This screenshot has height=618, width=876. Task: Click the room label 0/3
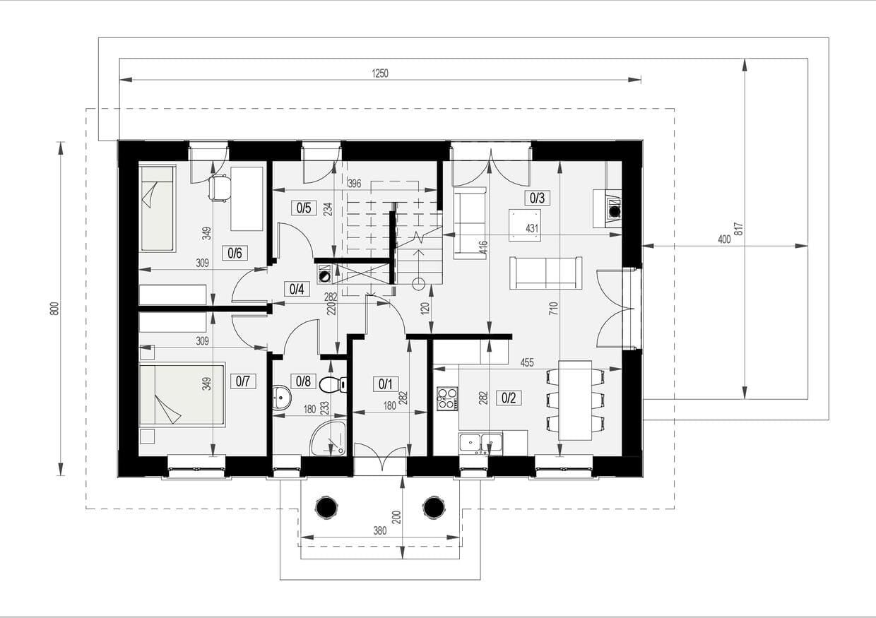(x=537, y=198)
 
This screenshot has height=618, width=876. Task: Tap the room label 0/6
(x=235, y=253)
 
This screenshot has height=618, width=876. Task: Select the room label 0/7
(x=243, y=381)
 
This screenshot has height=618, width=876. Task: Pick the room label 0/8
(x=304, y=381)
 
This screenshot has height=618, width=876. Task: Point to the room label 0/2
(x=509, y=398)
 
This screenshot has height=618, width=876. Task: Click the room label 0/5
(x=304, y=208)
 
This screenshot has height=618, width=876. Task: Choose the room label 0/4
(x=297, y=290)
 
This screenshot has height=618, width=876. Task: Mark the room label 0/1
(x=386, y=384)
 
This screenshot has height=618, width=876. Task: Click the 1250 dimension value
(x=380, y=73)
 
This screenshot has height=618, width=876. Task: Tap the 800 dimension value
(x=55, y=309)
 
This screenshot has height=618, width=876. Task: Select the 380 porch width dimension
(x=380, y=530)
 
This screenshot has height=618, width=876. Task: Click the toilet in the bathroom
(x=333, y=385)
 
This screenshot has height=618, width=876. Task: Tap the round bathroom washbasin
(x=282, y=397)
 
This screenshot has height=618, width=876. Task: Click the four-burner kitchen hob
(x=447, y=398)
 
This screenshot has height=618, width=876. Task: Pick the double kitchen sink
(x=480, y=444)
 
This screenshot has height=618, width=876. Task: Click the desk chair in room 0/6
(x=220, y=188)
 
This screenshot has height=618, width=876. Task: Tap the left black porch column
(x=326, y=507)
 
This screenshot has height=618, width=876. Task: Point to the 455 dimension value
(x=527, y=362)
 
